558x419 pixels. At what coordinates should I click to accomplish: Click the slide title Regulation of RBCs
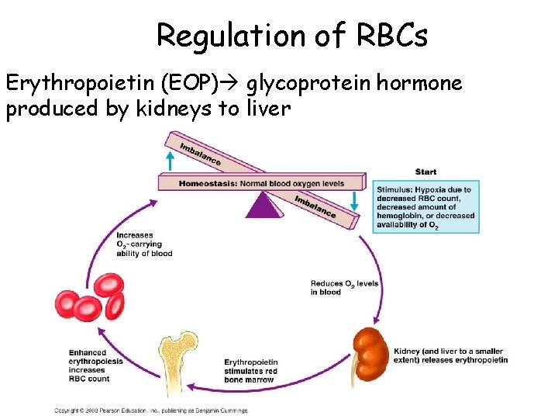tap(291, 35)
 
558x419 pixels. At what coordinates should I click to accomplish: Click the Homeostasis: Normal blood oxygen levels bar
tap(261, 183)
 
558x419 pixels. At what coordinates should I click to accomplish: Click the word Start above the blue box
tap(425, 171)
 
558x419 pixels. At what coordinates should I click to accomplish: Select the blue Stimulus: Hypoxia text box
tap(427, 206)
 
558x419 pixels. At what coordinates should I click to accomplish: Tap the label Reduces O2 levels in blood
tap(344, 288)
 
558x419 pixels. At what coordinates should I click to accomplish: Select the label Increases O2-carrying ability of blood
tap(144, 244)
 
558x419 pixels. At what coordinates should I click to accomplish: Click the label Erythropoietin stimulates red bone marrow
tap(250, 370)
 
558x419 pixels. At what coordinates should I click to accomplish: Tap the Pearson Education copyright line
tap(151, 410)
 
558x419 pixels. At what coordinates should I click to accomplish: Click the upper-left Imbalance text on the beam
tap(199, 154)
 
